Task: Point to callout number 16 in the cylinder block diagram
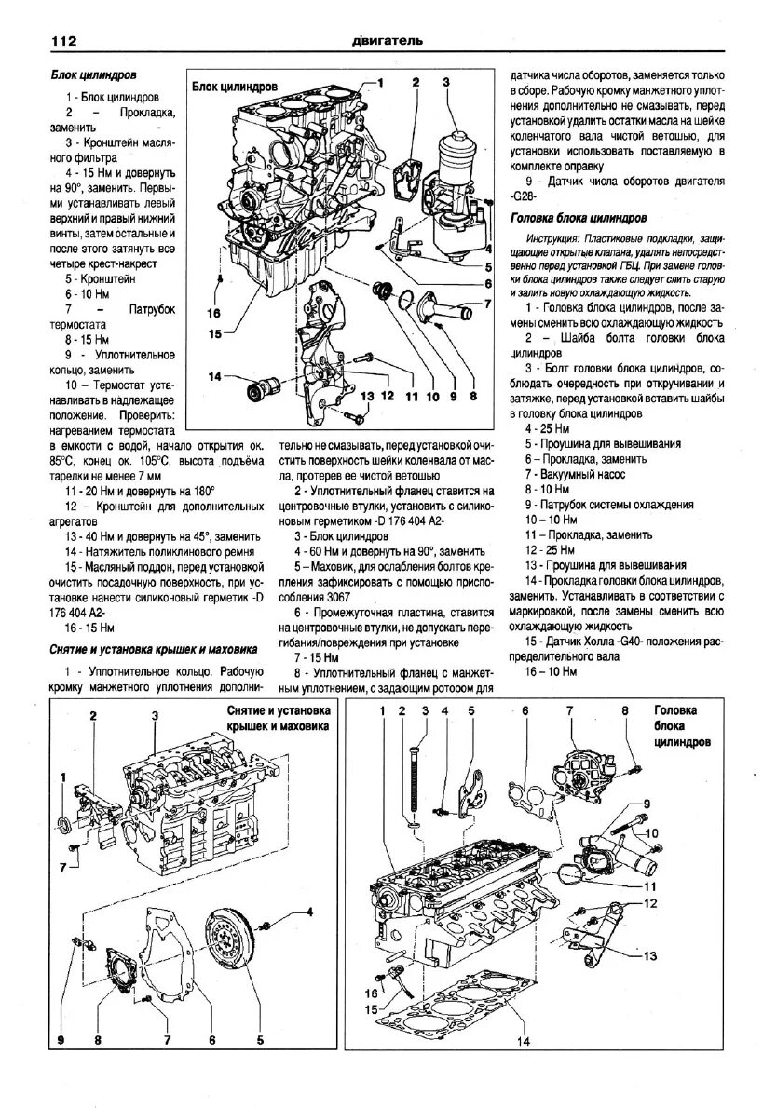tap(214, 314)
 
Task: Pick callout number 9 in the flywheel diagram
tap(61, 1040)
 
